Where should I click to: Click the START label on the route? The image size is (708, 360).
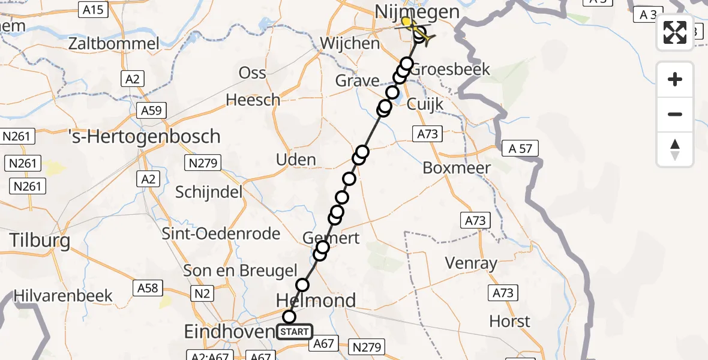coord(295,332)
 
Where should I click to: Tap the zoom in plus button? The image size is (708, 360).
coord(675,79)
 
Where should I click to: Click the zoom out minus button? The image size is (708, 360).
coord(675,114)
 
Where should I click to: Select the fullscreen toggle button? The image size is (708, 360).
coord(675,32)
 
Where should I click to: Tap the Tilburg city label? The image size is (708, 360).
coord(40,241)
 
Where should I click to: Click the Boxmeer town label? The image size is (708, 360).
coord(457,168)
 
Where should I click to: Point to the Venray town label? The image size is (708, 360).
coord(472,263)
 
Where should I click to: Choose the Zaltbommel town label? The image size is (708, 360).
coord(114,44)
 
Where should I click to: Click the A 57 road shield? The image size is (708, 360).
coord(520,149)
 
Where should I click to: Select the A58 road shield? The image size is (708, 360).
coord(148,288)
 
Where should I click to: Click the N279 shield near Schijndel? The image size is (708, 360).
coord(205,163)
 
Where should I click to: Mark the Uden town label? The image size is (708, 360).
coord(296,160)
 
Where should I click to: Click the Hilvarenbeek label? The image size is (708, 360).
coord(64,296)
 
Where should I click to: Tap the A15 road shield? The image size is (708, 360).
coord(93,9)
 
